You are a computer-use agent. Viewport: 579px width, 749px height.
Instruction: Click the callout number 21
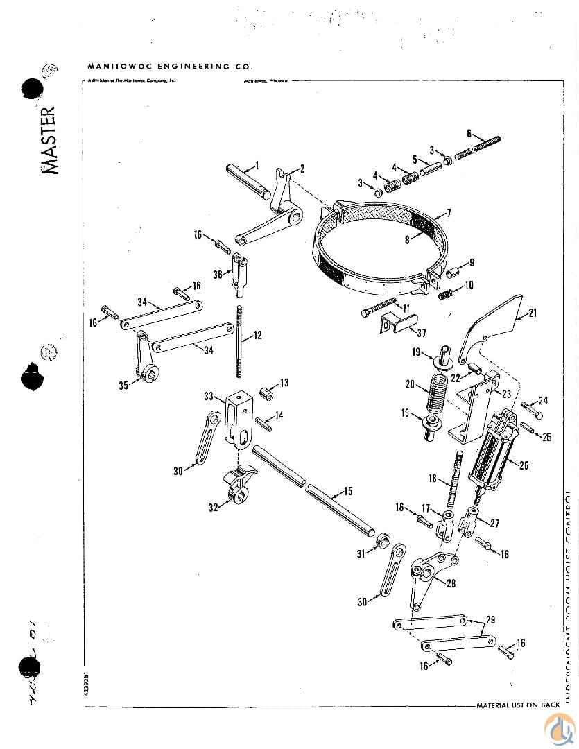(x=533, y=313)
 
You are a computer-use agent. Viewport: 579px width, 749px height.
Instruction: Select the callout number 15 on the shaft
(x=347, y=492)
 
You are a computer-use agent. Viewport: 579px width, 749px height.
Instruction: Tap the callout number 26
(x=524, y=465)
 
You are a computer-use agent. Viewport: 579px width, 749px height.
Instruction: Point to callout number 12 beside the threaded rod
(x=257, y=336)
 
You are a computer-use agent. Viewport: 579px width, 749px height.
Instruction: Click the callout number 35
(x=123, y=386)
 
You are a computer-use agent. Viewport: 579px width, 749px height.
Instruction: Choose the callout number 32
(x=213, y=508)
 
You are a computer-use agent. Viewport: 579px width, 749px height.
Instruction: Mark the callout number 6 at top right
(x=469, y=133)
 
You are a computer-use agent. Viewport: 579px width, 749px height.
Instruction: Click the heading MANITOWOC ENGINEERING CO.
(x=170, y=67)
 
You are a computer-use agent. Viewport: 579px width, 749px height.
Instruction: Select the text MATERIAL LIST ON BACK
(x=518, y=705)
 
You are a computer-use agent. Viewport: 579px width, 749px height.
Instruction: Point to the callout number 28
(x=451, y=583)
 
